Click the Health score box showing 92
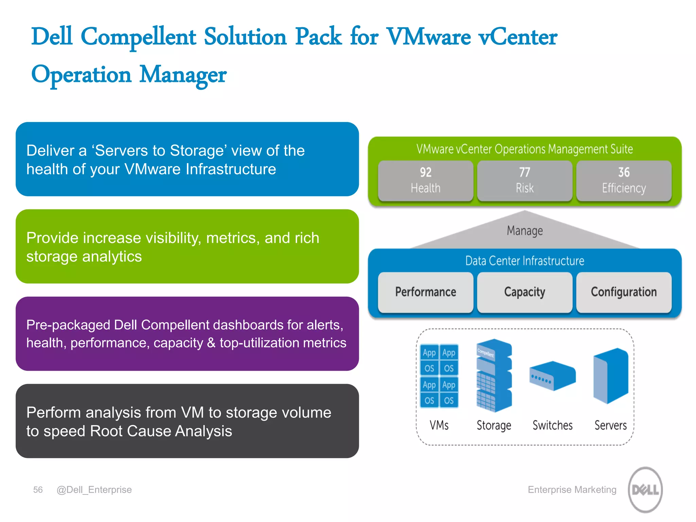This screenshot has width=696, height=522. pyautogui.click(x=425, y=180)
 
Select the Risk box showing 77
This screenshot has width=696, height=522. pyautogui.click(x=524, y=180)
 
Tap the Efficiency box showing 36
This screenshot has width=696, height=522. pyautogui.click(x=624, y=180)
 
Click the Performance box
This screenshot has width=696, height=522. pyautogui.click(x=425, y=292)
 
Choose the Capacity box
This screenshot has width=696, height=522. pyautogui.click(x=524, y=292)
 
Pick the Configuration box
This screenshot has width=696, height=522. pyautogui.click(x=624, y=292)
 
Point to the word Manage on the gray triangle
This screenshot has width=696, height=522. pyautogui.click(x=525, y=231)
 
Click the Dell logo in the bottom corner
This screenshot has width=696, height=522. pyautogui.click(x=645, y=489)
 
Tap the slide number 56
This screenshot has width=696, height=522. pyautogui.click(x=38, y=490)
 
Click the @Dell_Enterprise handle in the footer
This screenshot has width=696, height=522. pyautogui.click(x=94, y=490)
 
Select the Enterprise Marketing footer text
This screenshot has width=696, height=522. pyautogui.click(x=572, y=490)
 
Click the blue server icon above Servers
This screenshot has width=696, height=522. pyautogui.click(x=611, y=376)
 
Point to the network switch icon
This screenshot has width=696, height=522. pyautogui.click(x=553, y=376)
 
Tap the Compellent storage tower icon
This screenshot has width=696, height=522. pyautogui.click(x=494, y=375)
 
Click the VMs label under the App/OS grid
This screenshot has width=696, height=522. pyautogui.click(x=439, y=425)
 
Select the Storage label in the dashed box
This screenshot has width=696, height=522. pyautogui.click(x=494, y=425)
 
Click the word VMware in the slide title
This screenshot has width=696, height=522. pyautogui.click(x=429, y=37)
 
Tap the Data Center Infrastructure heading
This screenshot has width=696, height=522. pyautogui.click(x=525, y=261)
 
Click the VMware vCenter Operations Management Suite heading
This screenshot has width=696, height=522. pyautogui.click(x=525, y=149)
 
